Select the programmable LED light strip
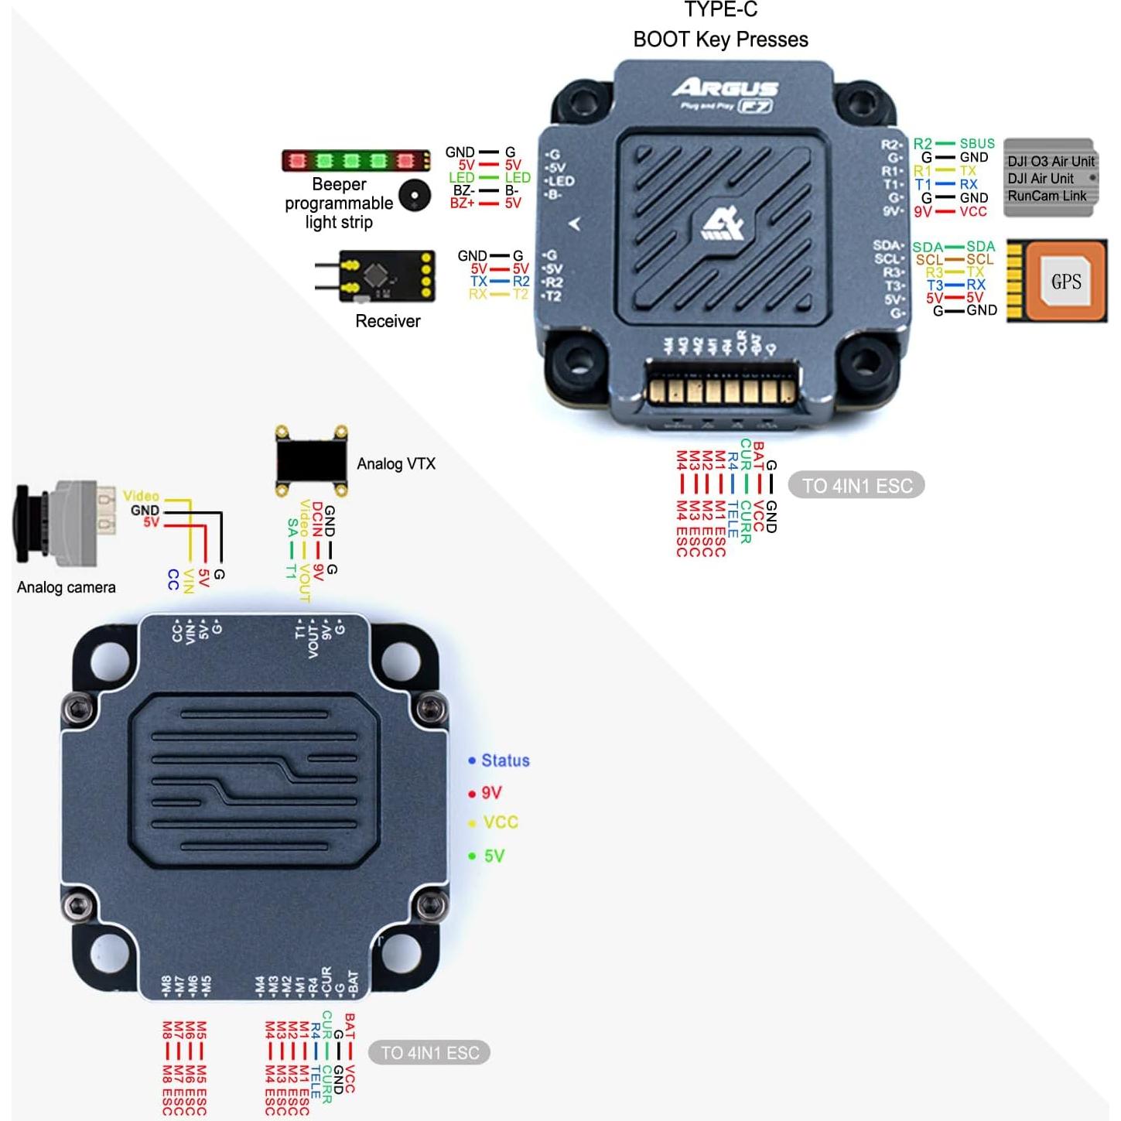tap(355, 161)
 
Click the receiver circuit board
tap(385, 275)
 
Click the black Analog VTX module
tap(311, 461)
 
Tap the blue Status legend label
tap(504, 761)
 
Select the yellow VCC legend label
tap(500, 822)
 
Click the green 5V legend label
tap(494, 856)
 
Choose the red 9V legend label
tap(491, 793)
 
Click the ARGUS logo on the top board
tap(724, 88)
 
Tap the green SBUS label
tap(976, 144)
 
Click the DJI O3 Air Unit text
tap(1051, 162)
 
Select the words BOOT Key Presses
tap(720, 39)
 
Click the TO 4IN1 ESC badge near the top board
tap(856, 486)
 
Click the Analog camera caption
tap(67, 587)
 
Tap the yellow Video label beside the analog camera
tap(141, 496)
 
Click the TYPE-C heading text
tap(720, 10)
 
